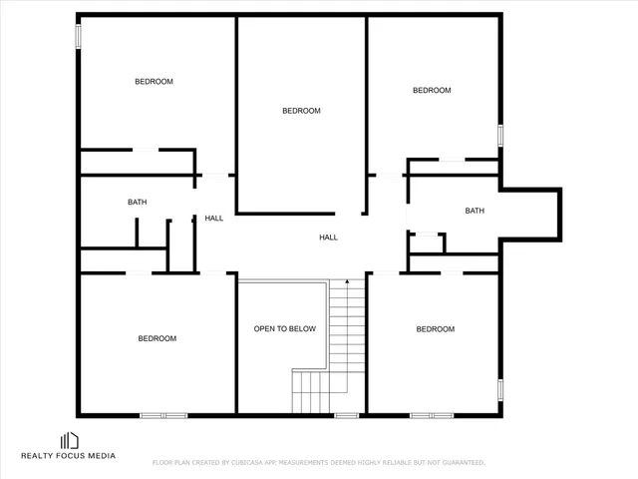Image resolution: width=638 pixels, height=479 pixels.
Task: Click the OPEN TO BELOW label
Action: pyautogui.click(x=284, y=328)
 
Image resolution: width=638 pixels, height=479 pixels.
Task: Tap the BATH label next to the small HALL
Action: pyautogui.click(x=137, y=203)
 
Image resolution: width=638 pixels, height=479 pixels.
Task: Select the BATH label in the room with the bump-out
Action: pyautogui.click(x=475, y=211)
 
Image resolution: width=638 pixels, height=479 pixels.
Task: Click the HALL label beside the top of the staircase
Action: pyautogui.click(x=328, y=238)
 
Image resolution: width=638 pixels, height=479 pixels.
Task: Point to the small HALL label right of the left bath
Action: pyautogui.click(x=214, y=218)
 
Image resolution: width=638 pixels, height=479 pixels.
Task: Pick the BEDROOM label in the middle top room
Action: pyautogui.click(x=301, y=111)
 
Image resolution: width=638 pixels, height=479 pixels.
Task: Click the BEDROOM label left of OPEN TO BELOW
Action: pyautogui.click(x=157, y=338)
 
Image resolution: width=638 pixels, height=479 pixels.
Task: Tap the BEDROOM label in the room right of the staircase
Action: pyautogui.click(x=435, y=329)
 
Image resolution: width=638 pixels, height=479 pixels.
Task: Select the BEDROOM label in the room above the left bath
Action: pyautogui.click(x=154, y=82)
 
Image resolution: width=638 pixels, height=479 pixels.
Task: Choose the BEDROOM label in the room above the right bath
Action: pyautogui.click(x=432, y=91)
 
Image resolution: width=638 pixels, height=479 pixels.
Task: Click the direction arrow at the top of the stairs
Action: pyautogui.click(x=346, y=284)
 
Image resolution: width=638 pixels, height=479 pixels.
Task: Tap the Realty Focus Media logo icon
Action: pyautogui.click(x=70, y=440)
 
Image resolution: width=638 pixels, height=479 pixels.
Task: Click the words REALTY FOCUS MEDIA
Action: pyautogui.click(x=69, y=456)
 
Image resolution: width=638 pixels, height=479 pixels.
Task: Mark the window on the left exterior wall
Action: pyautogui.click(x=78, y=34)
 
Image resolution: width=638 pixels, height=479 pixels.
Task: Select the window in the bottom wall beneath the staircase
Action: pyautogui.click(x=346, y=414)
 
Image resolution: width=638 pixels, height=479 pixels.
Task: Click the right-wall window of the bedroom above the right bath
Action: pyautogui.click(x=501, y=135)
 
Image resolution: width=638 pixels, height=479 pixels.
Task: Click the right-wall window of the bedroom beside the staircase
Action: pyautogui.click(x=501, y=389)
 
